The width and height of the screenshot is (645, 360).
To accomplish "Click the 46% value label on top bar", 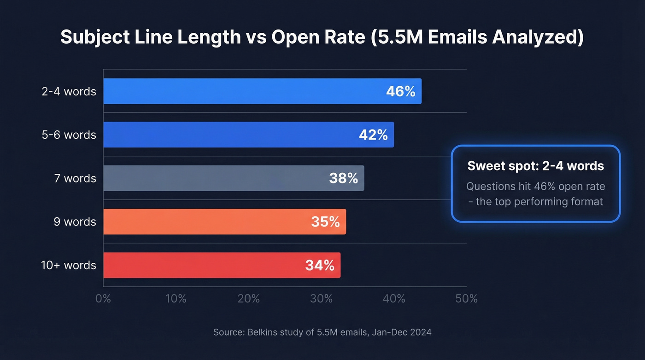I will (400, 91).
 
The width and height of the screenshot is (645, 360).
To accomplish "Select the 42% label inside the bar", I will (373, 135).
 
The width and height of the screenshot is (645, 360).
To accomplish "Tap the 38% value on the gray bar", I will (343, 178).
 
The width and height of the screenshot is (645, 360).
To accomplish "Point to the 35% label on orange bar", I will (325, 222).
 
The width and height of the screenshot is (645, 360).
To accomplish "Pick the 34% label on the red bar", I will (320, 266).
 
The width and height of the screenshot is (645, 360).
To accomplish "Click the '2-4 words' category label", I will (69, 91).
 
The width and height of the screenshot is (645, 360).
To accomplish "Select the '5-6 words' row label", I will (69, 135).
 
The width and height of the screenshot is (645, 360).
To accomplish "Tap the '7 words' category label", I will (75, 178).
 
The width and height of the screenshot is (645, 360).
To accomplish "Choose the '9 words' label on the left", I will (75, 222).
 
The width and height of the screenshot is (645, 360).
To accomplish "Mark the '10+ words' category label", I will (69, 266).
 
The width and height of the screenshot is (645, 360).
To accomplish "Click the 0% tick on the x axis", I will (103, 299).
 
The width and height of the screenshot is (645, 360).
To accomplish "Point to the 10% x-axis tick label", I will (176, 299).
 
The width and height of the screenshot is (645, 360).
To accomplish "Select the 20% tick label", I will (248, 299).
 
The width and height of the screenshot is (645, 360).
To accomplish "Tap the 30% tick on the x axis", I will (321, 299).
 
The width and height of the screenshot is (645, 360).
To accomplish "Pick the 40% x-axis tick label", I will (394, 299).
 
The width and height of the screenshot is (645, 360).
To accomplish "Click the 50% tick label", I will (466, 299).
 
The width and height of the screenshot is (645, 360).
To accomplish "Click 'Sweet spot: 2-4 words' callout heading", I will (535, 166).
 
